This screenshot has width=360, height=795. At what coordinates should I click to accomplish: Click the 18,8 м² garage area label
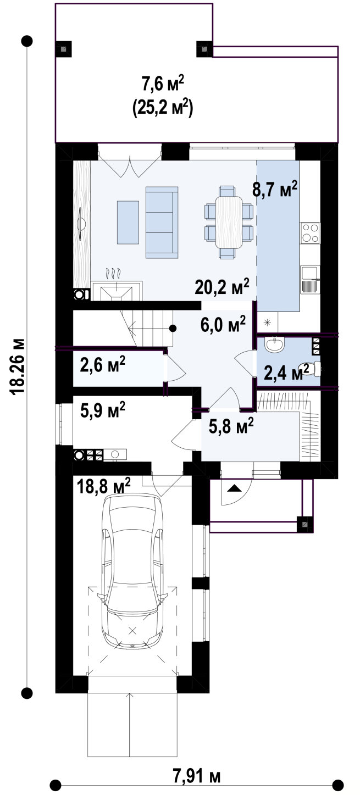(x=104, y=486)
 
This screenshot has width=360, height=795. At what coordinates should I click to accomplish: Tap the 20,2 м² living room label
(x=222, y=286)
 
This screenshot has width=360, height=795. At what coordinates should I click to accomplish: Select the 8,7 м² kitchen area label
(x=274, y=189)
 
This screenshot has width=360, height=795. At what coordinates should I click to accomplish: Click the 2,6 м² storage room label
(x=103, y=364)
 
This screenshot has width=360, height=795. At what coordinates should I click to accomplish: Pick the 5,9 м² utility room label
(x=103, y=410)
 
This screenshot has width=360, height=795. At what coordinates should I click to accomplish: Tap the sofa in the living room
(x=162, y=222)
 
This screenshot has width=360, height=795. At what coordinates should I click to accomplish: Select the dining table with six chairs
(x=229, y=222)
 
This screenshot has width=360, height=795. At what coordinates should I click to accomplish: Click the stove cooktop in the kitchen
(x=310, y=233)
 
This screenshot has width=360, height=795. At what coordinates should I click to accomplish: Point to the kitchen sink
(x=310, y=280)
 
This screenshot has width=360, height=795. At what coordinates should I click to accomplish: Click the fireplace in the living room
(x=117, y=291)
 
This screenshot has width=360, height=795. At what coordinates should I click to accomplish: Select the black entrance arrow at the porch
(x=234, y=488)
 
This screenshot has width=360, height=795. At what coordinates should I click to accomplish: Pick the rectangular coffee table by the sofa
(x=128, y=222)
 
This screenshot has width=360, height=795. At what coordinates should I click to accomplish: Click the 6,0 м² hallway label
(x=223, y=324)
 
